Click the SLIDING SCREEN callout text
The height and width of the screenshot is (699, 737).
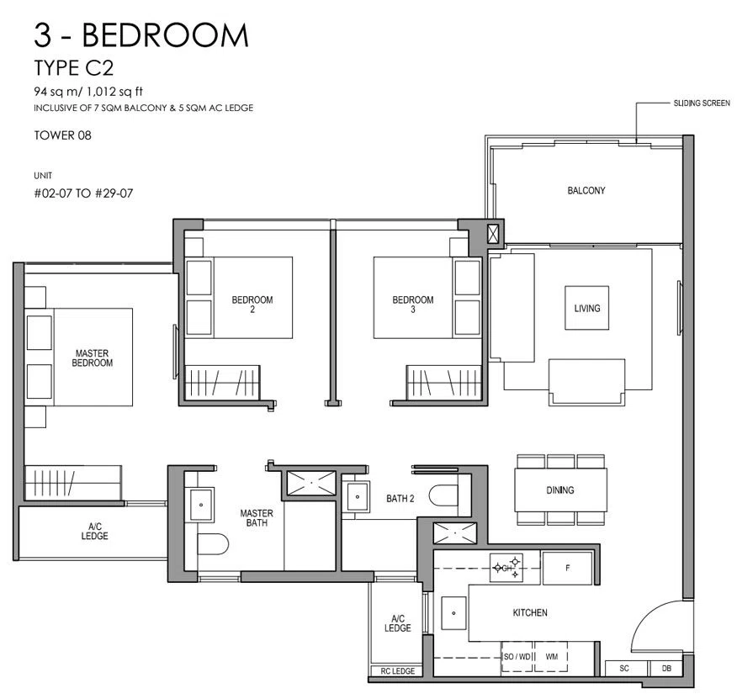click(702, 103)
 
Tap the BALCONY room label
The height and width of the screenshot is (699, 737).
click(586, 190)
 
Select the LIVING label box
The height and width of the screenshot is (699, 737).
click(586, 308)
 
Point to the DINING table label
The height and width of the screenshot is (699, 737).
click(559, 490)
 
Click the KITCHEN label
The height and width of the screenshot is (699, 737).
click(530, 612)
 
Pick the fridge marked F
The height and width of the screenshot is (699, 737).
click(567, 569)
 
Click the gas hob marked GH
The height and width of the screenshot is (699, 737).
click(506, 568)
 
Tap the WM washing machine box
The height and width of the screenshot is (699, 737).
click(551, 656)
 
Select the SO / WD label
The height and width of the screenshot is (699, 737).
click(517, 656)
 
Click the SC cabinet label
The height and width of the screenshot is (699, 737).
click(624, 668)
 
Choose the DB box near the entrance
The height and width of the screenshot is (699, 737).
click(666, 668)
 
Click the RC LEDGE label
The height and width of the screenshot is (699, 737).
click(398, 671)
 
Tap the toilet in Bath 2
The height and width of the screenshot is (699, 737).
click(443, 495)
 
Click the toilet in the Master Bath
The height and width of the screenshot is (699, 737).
click(213, 544)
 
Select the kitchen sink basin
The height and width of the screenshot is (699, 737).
click(453, 613)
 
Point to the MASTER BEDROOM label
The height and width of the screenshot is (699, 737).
click(93, 357)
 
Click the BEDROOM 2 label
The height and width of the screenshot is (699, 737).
click(252, 304)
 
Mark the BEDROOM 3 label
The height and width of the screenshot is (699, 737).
click(413, 304)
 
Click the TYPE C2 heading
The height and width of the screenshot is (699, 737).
click(74, 68)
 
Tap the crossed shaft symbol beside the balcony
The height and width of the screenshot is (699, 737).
click(492, 234)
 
